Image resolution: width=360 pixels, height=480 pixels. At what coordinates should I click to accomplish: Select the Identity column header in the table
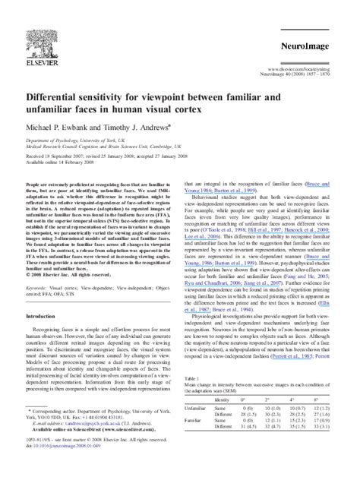(x=223, y=399)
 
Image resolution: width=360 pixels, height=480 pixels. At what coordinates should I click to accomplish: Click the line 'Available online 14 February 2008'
(x=55, y=163)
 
